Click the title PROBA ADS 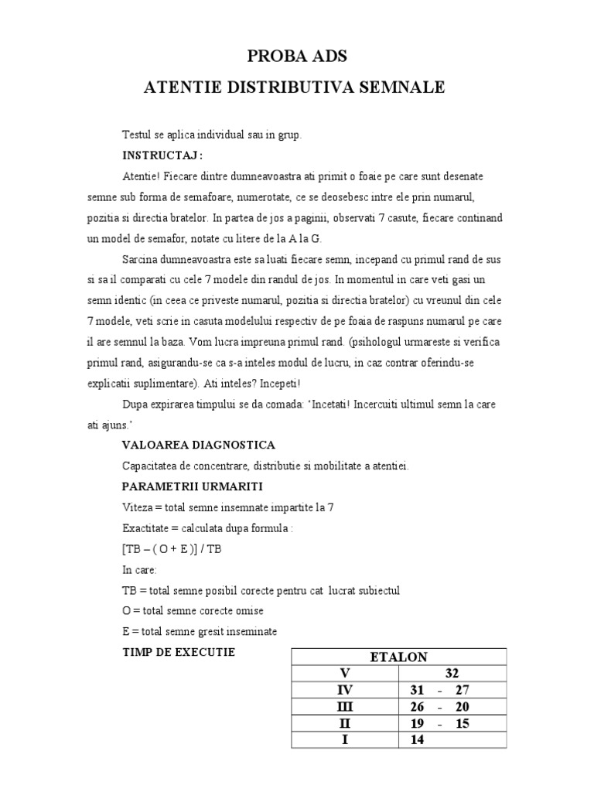pos(297,56)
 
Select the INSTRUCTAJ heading pos(162,154)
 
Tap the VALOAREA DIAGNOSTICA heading pos(198,445)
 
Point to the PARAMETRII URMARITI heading pos(193,486)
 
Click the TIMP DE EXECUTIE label pos(179,653)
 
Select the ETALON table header pos(398,657)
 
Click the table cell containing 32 pos(452,673)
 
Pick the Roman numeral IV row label pos(345,690)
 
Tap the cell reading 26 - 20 pos(452,707)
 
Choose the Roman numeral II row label pos(345,724)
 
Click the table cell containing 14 pos(418,740)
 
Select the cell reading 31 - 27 pos(452,690)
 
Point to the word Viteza pos(138,507)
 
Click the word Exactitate pos(147,528)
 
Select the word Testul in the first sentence pos(137,134)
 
